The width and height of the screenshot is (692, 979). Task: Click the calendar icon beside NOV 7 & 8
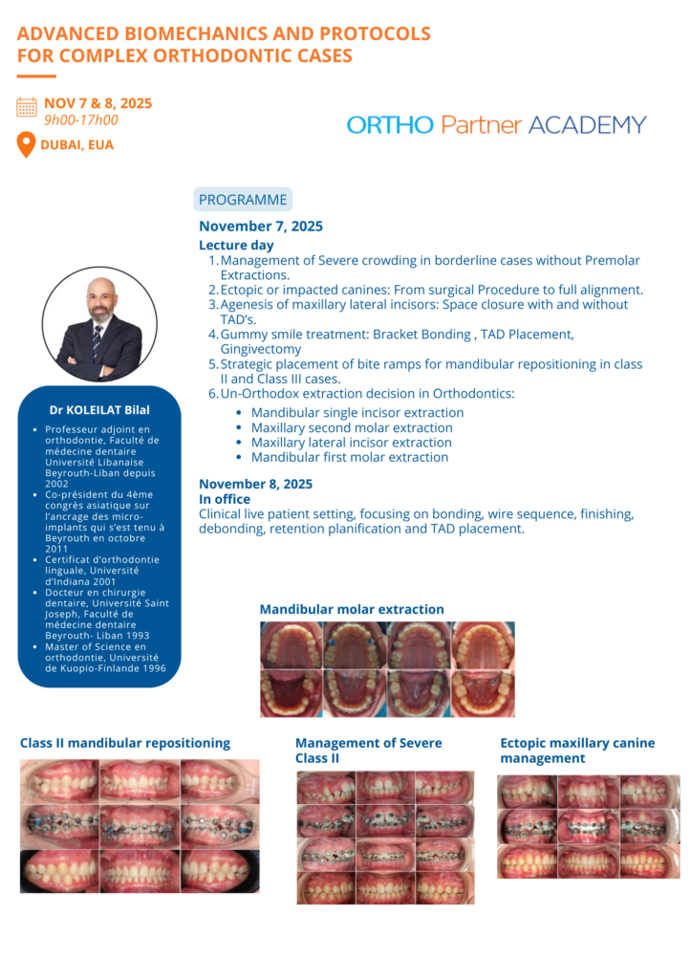(27, 106)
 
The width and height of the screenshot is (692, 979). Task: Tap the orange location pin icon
(27, 144)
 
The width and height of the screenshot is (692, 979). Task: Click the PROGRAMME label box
(243, 200)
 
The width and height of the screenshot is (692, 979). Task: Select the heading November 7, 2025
(261, 227)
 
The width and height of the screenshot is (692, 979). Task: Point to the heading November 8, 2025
(255, 484)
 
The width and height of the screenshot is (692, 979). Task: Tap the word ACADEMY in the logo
(587, 125)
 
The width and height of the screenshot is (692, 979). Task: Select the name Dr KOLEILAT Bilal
(99, 410)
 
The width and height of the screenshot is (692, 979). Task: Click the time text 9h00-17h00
(81, 120)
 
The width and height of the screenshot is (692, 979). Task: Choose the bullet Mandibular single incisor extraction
(357, 413)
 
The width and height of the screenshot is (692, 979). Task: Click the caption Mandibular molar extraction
(352, 609)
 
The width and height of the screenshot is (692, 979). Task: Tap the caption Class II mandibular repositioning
(125, 743)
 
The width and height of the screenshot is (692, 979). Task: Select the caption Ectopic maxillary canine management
(577, 751)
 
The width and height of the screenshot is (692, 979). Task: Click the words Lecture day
(236, 246)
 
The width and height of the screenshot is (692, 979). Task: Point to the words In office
(225, 499)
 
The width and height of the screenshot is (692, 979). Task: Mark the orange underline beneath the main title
(36, 76)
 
